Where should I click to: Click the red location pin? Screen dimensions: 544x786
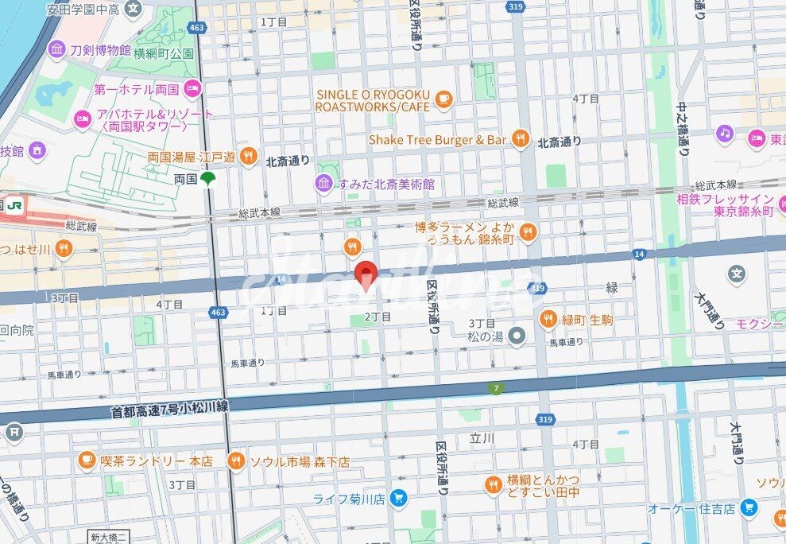[365, 274]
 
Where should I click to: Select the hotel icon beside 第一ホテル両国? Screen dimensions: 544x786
[192, 87]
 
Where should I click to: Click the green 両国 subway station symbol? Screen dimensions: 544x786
[207, 180]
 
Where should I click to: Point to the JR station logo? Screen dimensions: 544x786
[14, 205]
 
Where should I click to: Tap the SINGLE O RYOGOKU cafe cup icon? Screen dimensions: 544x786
[443, 99]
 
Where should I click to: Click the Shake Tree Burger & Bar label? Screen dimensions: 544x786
[437, 140]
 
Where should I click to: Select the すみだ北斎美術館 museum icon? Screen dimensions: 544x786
[323, 184]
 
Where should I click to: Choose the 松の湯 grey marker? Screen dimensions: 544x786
[517, 336]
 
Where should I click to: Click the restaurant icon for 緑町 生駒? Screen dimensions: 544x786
[548, 319]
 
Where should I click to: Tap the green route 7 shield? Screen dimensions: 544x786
[495, 387]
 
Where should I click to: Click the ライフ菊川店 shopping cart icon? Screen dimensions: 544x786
[399, 499]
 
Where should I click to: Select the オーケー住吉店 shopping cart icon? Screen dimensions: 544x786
[748, 507]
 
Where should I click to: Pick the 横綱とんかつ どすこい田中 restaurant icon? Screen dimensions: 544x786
[494, 484]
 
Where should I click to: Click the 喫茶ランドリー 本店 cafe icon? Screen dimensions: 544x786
[87, 460]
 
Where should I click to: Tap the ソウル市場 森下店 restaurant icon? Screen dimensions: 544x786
[235, 460]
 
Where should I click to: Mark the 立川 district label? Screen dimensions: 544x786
[482, 438]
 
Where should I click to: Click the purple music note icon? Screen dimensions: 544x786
[723, 134]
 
